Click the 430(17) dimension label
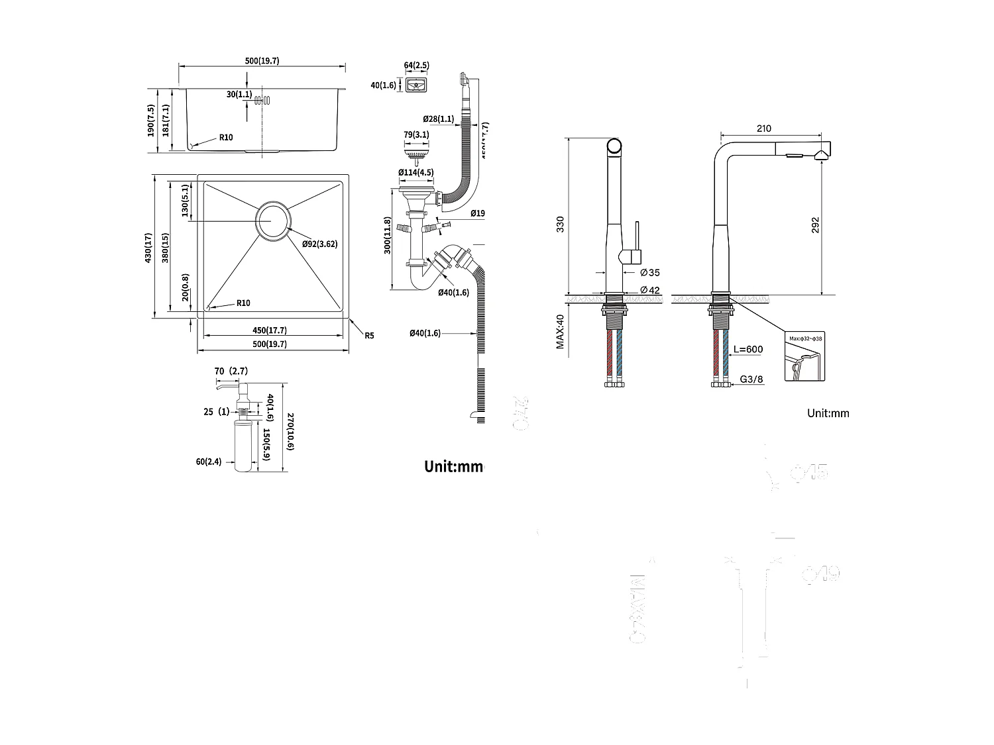149,248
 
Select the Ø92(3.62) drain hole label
319,244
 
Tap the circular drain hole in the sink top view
272,220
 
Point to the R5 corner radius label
369,336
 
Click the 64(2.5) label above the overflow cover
416,66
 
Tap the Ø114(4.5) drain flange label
415,173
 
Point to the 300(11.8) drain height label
388,236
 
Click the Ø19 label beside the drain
478,213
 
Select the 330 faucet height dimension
560,224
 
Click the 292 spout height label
815,224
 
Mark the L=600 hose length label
749,350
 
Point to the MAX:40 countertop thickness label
560,332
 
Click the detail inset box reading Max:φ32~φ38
804,356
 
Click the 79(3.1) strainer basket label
416,135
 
